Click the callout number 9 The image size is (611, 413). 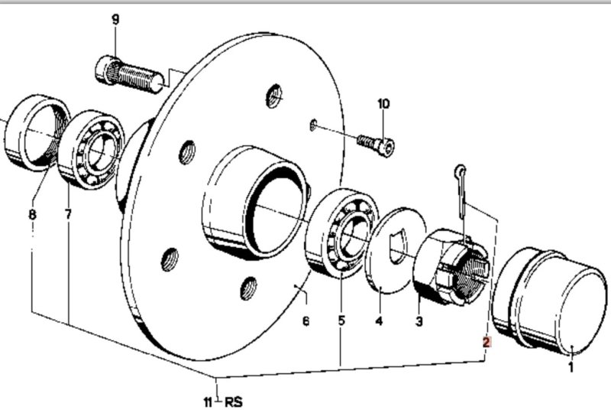pos(116,19)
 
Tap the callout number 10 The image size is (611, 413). pos(383,102)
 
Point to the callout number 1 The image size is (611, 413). pos(569,368)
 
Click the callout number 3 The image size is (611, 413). pos(419,322)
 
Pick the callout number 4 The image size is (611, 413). pos(379,322)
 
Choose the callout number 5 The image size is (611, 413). pos(341,322)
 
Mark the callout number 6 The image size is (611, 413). pos(305,322)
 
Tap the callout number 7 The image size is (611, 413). pos(68,215)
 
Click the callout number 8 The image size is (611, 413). pos(32,215)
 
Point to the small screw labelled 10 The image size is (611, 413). pos(376,143)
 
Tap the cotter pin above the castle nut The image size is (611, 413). pos(463,191)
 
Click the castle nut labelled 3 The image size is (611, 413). pos(447,268)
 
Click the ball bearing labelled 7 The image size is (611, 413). pos(92,150)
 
